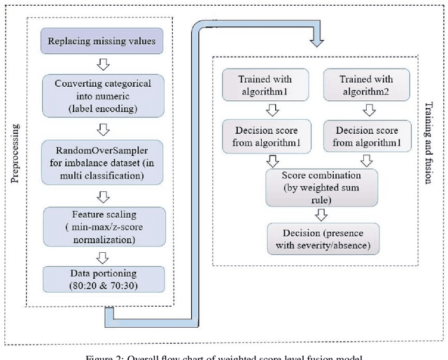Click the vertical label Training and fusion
[x=429, y=143]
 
